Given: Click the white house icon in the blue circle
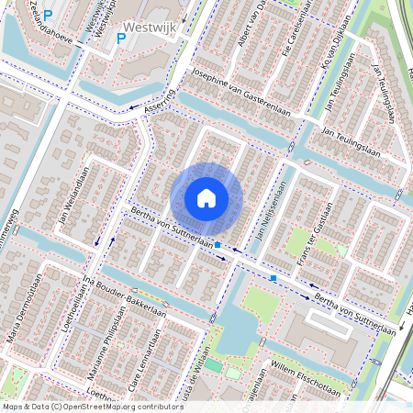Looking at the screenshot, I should coord(206,198).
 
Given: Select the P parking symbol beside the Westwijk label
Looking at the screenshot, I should coord(121,39).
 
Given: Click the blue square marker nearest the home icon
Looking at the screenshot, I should coord(218,245).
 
